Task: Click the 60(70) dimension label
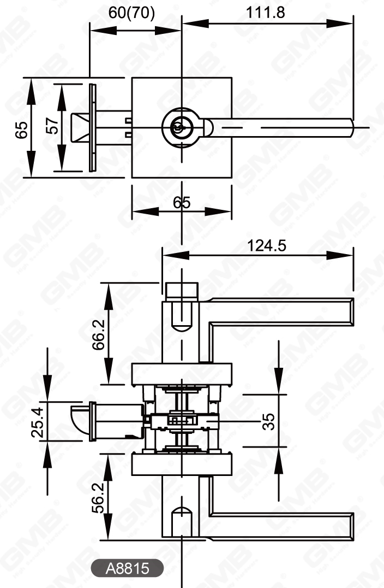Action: (x=131, y=13)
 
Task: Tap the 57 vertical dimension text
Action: (x=52, y=127)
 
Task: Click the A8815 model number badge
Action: (x=127, y=569)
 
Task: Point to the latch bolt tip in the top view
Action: (x=79, y=127)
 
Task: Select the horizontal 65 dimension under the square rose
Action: (x=182, y=203)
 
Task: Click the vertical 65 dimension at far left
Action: (x=21, y=129)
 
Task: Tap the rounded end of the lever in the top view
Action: (x=351, y=128)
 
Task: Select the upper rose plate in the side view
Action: (x=183, y=373)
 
